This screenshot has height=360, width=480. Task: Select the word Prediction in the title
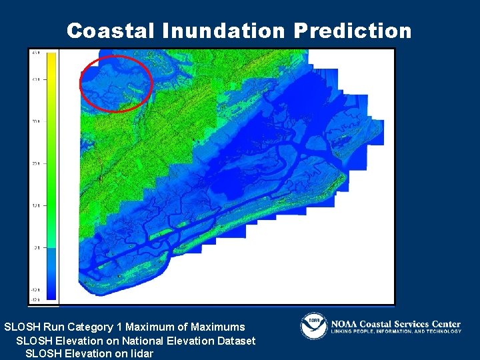click(x=352, y=31)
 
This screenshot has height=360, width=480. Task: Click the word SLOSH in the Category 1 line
click(x=21, y=327)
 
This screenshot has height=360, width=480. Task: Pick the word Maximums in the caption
click(x=217, y=327)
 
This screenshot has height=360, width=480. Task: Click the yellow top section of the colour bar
click(x=51, y=67)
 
